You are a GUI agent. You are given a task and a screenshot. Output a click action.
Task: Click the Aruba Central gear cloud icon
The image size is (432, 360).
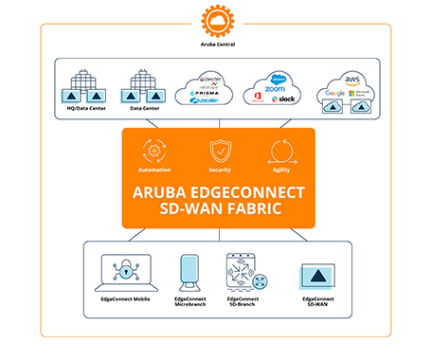218,21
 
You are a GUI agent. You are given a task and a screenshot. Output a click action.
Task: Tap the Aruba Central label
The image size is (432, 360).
218,44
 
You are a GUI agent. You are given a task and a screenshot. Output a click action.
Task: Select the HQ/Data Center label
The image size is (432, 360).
86,108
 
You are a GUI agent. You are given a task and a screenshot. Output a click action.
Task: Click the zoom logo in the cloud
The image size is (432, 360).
275,89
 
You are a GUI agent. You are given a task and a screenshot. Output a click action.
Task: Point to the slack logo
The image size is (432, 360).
283,99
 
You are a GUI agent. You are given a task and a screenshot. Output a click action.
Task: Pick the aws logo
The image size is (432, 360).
352,79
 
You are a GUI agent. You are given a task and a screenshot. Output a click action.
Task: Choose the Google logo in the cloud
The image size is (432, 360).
335,93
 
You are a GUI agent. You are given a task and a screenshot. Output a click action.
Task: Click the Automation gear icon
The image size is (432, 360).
154,151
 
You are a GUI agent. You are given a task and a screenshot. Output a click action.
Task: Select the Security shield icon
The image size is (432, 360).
220,151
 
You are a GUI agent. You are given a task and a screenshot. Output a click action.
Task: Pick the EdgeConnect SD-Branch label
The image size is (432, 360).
242,302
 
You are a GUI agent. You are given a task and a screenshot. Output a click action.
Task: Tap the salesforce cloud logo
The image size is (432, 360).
278,79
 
